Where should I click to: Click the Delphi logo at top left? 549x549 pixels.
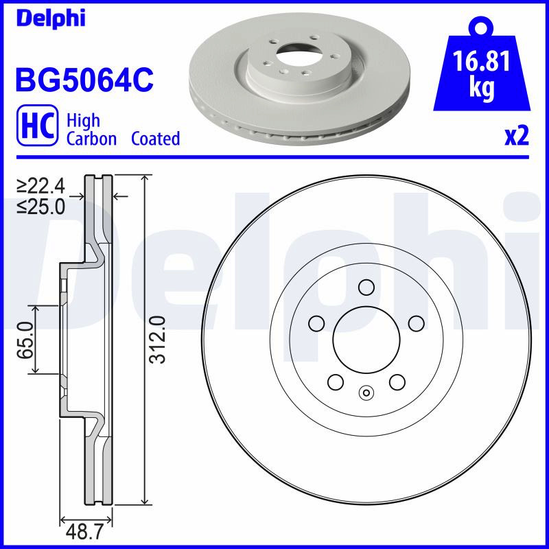[51, 18]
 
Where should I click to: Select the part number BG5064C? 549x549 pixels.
[84, 80]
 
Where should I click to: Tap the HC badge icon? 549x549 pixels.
[38, 125]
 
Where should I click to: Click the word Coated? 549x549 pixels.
[156, 139]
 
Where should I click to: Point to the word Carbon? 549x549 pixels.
[91, 139]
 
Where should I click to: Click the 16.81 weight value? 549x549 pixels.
[482, 61]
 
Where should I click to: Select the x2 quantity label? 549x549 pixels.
[517, 136]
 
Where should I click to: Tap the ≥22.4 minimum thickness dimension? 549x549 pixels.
[41, 186]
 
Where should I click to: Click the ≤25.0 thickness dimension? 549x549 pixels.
[41, 207]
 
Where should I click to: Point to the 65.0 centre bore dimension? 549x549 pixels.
[25, 340]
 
